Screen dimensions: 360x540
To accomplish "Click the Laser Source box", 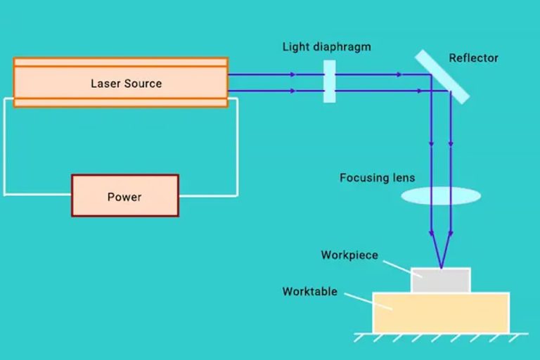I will (x=120, y=82).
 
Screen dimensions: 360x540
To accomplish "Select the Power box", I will (x=124, y=195).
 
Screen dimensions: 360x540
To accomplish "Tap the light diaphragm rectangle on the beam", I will (x=329, y=82).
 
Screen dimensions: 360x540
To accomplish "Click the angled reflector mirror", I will (x=442, y=76).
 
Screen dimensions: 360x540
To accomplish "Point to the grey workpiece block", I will (x=440, y=281).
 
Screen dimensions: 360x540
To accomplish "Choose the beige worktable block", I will (x=440, y=312).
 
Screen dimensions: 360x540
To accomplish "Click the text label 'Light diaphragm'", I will (x=326, y=47).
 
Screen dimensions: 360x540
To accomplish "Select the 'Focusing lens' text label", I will (x=377, y=178).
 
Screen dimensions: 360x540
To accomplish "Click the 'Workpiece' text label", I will (x=349, y=255).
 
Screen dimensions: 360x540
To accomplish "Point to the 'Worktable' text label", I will (x=310, y=291).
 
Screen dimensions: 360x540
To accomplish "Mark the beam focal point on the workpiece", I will (x=441, y=268).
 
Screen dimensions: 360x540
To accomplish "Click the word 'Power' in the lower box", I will (x=124, y=197).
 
